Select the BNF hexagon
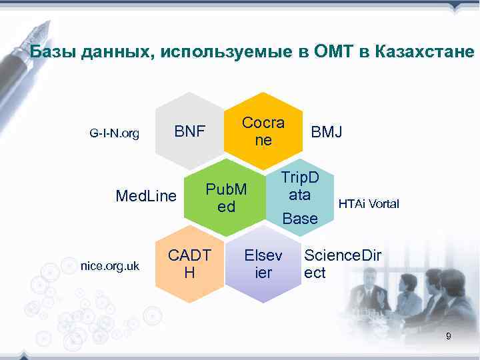click(190, 131)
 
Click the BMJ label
click(327, 132)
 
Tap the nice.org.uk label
click(109, 266)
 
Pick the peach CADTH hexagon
click(189, 264)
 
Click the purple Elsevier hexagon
click(263, 264)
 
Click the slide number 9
click(448, 337)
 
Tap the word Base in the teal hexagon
click(300, 218)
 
